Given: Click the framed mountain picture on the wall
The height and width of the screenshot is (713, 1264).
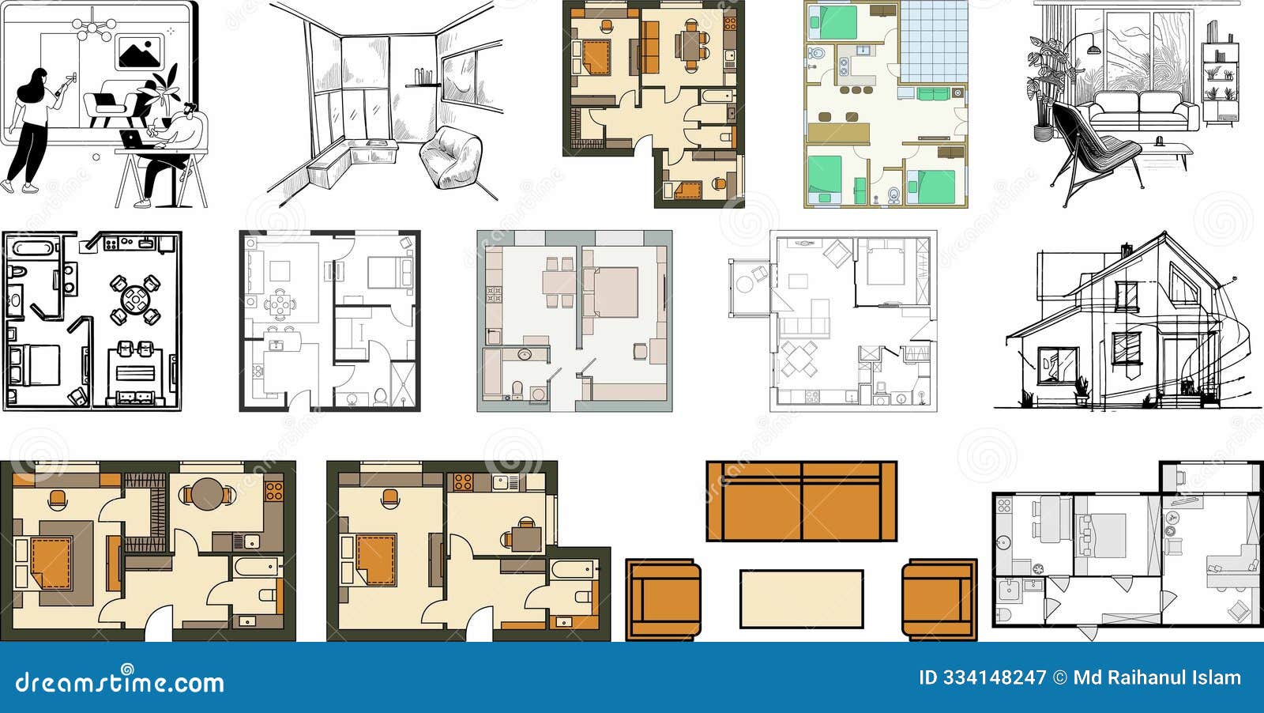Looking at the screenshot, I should tap(139, 52).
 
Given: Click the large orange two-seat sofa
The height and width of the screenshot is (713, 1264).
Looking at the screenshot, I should tap(801, 501).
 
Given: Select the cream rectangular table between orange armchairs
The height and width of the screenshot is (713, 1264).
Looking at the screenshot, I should tap(801, 598).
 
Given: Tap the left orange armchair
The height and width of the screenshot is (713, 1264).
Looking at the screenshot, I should tap(664, 599).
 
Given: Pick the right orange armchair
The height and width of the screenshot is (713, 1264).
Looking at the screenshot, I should tap(939, 599).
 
